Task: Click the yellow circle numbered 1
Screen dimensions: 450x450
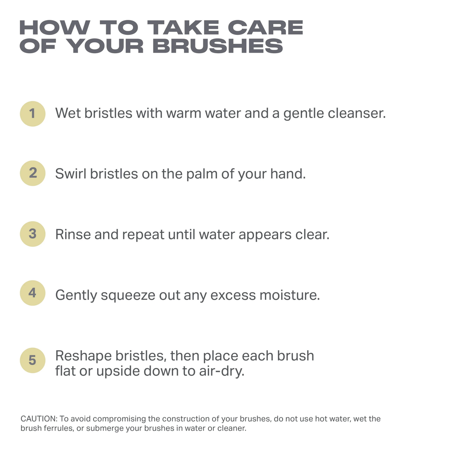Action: [x=33, y=114]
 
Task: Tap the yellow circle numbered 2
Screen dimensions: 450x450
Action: [x=33, y=173]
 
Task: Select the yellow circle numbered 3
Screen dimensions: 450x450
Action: [x=33, y=234]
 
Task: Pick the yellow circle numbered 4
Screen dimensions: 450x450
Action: [x=33, y=293]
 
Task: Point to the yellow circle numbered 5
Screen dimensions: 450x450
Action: [x=33, y=360]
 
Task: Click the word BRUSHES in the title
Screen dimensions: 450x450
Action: [x=217, y=46]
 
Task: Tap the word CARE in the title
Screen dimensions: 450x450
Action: [x=265, y=27]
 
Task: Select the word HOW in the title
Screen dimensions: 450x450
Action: [x=55, y=27]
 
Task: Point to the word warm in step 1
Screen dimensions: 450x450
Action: [x=183, y=114]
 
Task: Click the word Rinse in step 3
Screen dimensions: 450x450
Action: [x=73, y=234]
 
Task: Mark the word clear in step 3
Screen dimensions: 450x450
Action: [x=312, y=234]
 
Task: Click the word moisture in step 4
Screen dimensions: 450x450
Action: [x=289, y=295]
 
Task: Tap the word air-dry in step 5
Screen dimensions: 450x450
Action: [x=222, y=371]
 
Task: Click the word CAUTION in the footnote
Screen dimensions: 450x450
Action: [x=39, y=419]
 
